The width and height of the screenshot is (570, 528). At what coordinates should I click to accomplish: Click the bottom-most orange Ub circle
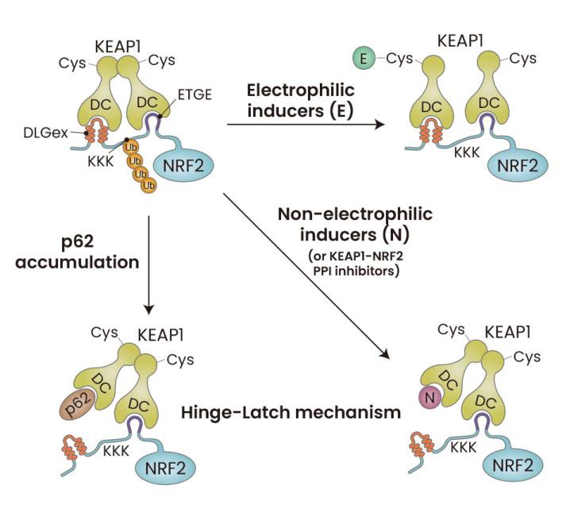[x=148, y=185]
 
